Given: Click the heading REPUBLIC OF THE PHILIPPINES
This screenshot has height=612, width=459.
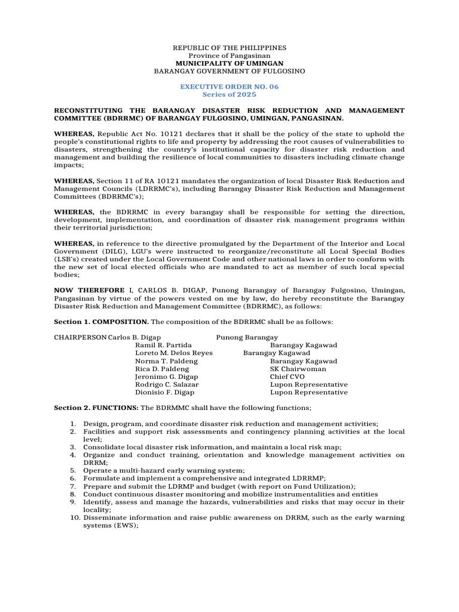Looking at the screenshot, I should coord(229,47).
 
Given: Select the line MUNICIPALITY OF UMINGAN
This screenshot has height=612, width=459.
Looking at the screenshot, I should coord(229,63).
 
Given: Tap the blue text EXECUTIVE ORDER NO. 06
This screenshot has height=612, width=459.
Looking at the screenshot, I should coord(229,87).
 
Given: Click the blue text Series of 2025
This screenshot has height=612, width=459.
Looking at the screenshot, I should coord(229,94).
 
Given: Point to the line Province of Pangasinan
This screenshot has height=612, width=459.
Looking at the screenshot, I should coord(229,55).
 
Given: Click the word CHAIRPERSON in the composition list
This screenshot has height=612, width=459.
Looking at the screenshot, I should coord(80,338).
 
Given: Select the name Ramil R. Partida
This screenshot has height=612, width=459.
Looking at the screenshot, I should coord(163,345).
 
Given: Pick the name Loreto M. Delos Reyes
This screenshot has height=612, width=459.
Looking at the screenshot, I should coord(174,353).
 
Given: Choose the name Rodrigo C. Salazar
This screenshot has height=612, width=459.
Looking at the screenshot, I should coord(167,385).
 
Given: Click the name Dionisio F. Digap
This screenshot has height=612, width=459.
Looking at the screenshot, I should coord(166,393).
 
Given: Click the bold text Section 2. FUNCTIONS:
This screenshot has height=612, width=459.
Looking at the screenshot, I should coord(96,408).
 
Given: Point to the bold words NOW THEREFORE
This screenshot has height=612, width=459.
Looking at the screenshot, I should coord(87,290).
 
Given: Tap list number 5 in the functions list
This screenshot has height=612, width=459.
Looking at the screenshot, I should coord(73,470).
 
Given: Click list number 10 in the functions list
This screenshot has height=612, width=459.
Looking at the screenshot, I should coord(71,518).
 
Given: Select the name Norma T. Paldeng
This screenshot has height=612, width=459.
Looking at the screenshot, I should coord(166,361).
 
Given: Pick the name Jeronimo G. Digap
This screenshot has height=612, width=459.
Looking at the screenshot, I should coord(166,377).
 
